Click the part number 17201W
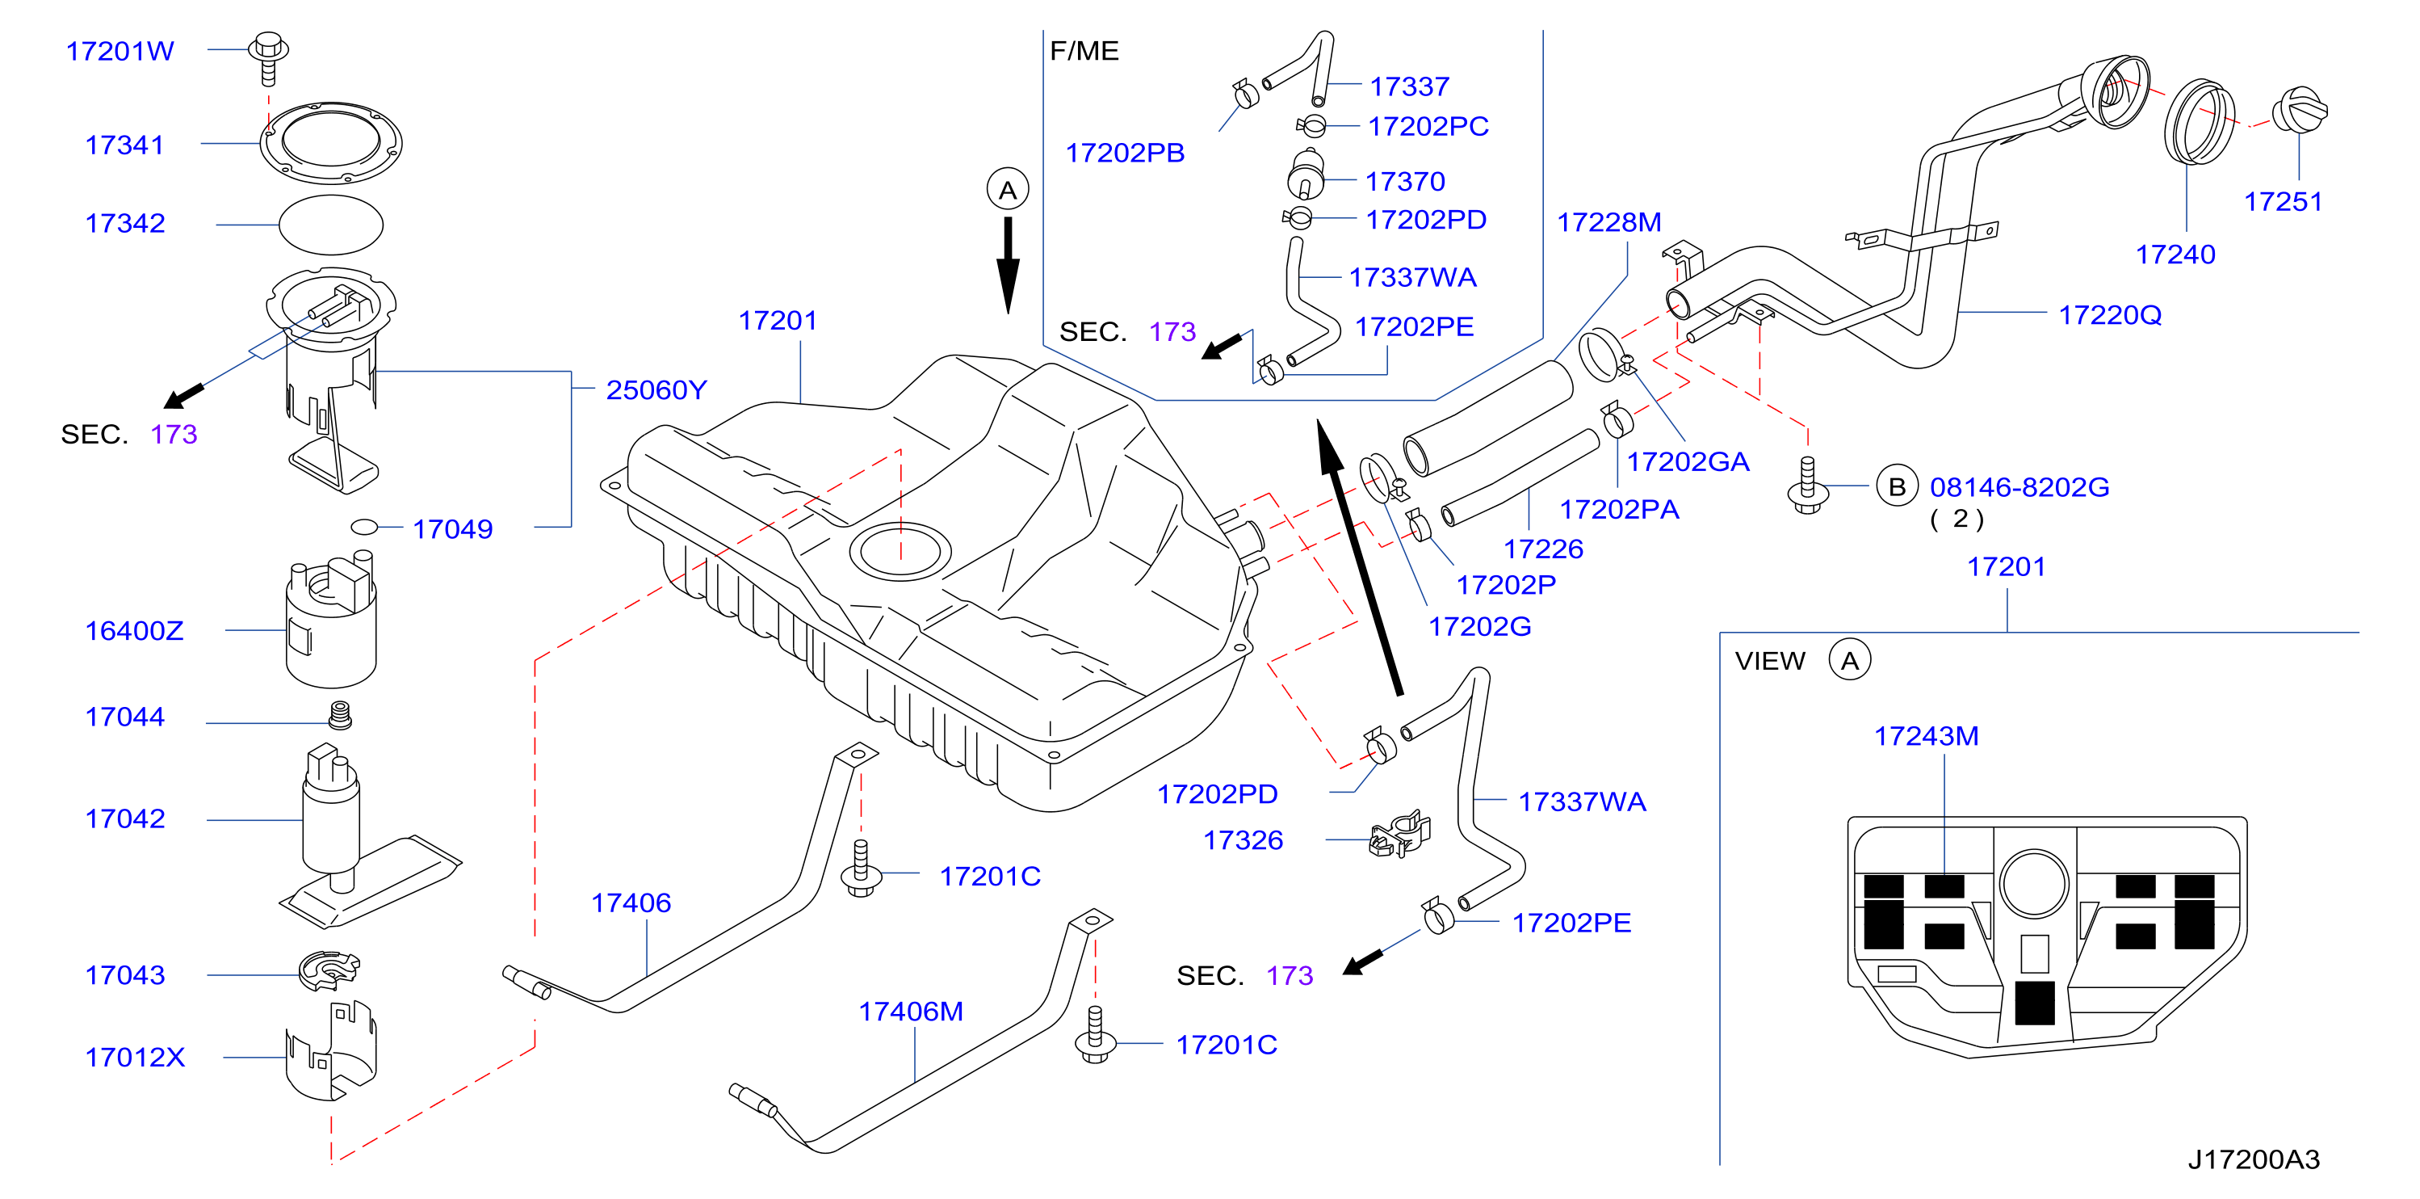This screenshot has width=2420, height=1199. point(120,51)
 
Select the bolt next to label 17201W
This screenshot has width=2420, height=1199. point(269,58)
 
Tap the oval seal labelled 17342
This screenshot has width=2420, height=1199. point(331,225)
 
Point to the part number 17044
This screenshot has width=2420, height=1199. point(125,717)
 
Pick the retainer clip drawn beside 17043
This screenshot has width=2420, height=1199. point(329,970)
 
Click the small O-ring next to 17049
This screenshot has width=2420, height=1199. point(363,527)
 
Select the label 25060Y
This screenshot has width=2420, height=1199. point(656,390)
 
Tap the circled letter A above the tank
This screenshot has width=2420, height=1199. point(1008,190)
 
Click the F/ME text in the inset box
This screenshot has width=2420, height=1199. point(1084,51)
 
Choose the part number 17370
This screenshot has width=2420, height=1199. point(1405,181)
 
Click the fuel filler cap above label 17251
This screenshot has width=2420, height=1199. point(2299,111)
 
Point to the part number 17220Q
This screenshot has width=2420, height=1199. point(2110,315)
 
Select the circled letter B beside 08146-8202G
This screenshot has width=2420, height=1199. point(1897,486)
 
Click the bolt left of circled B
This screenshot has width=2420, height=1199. point(1806,485)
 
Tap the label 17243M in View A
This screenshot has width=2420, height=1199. point(1927,736)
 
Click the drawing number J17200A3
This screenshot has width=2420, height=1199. point(2254,1159)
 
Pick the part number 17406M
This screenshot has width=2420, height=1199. point(912,1011)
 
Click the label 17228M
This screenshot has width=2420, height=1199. point(1609,221)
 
